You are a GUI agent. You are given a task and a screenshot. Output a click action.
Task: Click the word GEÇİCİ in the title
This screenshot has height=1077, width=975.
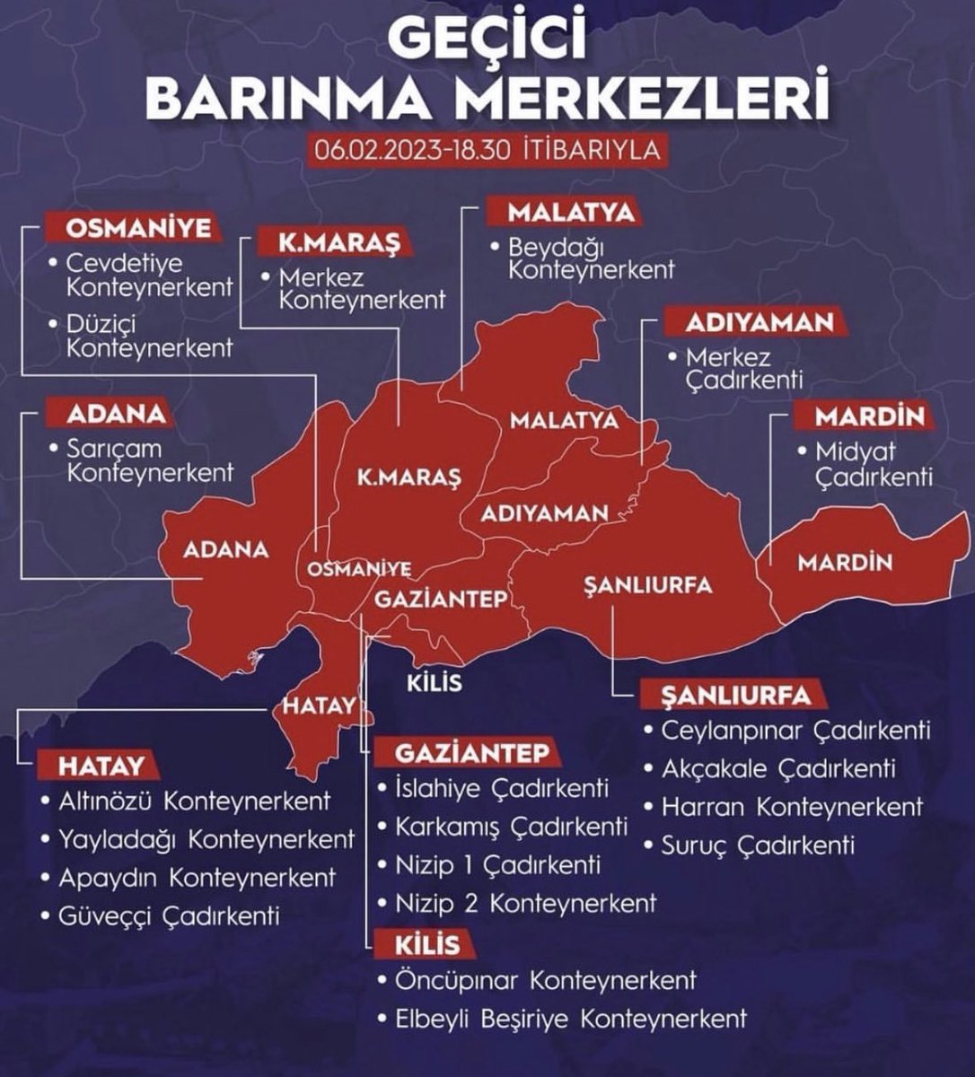(487, 36)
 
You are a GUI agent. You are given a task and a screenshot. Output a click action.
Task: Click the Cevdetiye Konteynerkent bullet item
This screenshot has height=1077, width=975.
(149, 276)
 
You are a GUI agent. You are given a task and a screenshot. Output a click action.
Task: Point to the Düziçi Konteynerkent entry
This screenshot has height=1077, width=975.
(149, 336)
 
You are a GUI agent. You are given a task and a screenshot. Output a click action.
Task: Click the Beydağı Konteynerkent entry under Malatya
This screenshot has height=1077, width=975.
(591, 258)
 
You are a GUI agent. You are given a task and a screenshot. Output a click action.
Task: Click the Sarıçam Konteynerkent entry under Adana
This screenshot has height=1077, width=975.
(149, 460)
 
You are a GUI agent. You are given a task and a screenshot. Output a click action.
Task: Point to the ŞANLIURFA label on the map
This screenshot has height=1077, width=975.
(647, 585)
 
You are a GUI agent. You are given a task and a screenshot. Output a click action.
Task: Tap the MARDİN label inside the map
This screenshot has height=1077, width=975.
(845, 563)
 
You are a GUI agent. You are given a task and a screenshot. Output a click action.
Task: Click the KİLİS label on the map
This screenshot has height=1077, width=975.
(435, 682)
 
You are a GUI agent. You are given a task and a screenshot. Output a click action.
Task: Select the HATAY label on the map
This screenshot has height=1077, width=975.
(319, 706)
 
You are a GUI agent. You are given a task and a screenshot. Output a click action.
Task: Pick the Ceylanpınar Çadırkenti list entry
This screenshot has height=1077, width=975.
(795, 731)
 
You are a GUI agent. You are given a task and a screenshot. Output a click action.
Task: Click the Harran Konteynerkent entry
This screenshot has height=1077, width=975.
(791, 807)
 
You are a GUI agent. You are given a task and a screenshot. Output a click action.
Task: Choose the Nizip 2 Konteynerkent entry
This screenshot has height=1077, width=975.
(525, 903)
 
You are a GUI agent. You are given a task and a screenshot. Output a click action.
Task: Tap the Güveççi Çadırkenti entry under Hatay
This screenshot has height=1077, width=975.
(169, 915)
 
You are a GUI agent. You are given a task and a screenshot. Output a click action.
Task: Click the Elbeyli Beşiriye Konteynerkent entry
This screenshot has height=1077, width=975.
(570, 1019)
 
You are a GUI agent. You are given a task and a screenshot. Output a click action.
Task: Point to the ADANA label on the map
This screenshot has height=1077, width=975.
(225, 549)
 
